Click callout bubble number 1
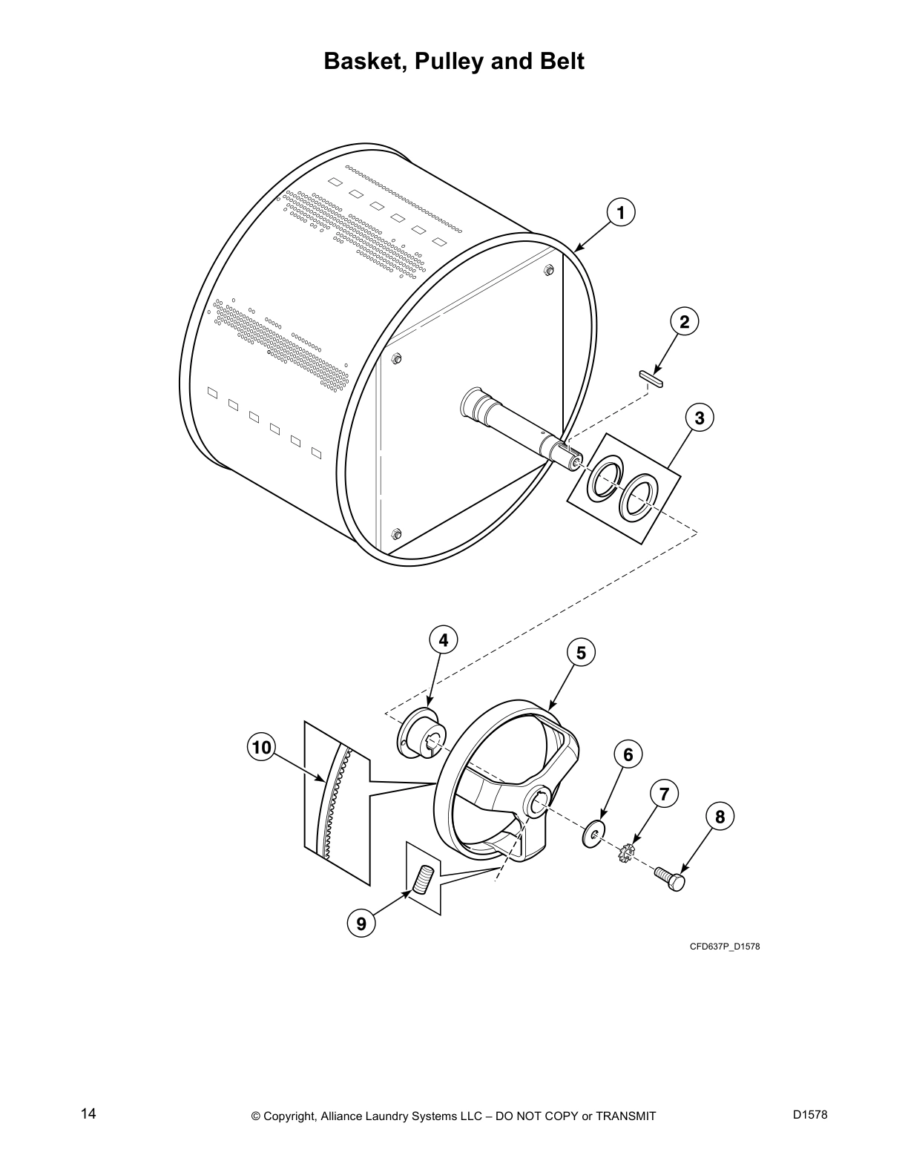(621, 212)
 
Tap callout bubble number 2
(684, 321)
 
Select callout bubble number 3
(699, 418)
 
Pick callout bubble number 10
(261, 747)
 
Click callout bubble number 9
(361, 924)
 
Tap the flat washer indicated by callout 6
(593, 835)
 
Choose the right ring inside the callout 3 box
(638, 498)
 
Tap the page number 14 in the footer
(88, 1113)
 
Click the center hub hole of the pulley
(539, 802)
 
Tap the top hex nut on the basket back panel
(548, 270)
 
